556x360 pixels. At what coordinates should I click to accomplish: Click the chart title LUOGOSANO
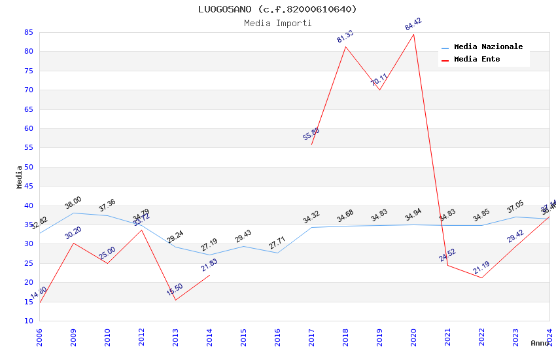pyautogui.click(x=277, y=9)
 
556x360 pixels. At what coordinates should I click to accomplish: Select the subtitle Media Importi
pyautogui.click(x=277, y=23)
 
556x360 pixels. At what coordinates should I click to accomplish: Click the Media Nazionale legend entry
pyautogui.click(x=488, y=47)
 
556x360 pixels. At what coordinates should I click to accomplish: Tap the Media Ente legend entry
pyautogui.click(x=476, y=60)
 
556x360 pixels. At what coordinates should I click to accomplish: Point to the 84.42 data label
pyautogui.click(x=413, y=25)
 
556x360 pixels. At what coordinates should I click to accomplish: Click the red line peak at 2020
pyautogui.click(x=413, y=34)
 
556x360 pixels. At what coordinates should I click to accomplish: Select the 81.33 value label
pyautogui.click(x=345, y=37)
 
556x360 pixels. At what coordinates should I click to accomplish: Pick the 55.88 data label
pyautogui.click(x=311, y=134)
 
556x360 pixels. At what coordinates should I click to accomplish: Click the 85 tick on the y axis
pyautogui.click(x=28, y=32)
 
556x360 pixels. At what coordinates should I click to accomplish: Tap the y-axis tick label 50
pyautogui.click(x=28, y=167)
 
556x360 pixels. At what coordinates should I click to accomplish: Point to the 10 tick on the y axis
pyautogui.click(x=28, y=321)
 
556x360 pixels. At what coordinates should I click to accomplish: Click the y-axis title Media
pyautogui.click(x=20, y=177)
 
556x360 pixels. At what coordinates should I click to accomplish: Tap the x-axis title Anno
pyautogui.click(x=540, y=343)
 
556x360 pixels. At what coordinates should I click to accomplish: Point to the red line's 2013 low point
pyautogui.click(x=175, y=300)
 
